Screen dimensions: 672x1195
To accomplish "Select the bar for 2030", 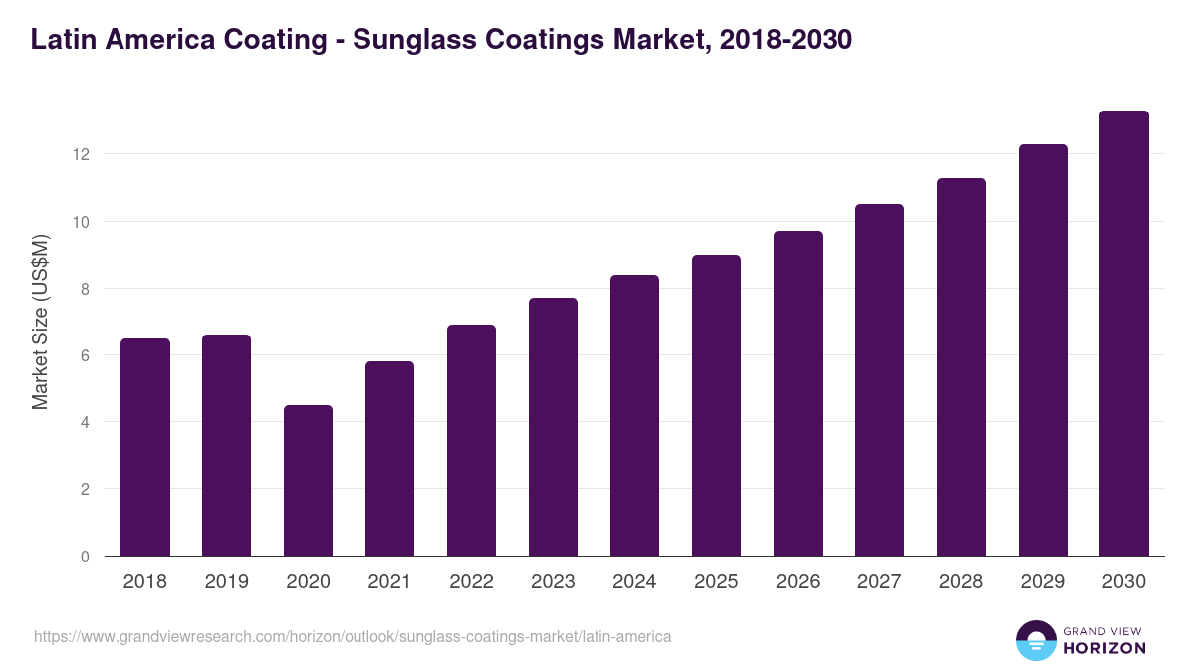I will click(1124, 334).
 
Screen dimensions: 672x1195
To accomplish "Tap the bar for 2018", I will click(145, 447).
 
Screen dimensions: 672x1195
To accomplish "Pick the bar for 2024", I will click(634, 415).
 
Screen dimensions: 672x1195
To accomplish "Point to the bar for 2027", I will click(879, 380).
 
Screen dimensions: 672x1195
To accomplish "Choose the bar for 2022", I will click(471, 440).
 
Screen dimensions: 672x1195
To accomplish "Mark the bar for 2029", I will click(1043, 350).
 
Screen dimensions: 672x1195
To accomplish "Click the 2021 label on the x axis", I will click(389, 582).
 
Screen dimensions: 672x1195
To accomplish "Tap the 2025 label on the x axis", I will click(716, 582).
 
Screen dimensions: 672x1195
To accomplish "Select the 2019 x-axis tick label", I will click(226, 582).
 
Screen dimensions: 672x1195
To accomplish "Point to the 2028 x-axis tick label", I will click(961, 582).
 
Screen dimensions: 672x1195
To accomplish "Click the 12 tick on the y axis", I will click(81, 155).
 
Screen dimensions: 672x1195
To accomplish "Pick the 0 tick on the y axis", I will click(85, 557).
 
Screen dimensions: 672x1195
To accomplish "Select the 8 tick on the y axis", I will click(85, 289).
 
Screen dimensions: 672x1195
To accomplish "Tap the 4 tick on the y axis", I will click(85, 422).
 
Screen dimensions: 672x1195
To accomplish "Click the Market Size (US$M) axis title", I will click(40, 322).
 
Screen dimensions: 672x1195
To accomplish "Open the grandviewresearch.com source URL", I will click(353, 636).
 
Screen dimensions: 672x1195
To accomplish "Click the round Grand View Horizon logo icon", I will click(1035, 640).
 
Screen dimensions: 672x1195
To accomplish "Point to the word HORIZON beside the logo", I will click(1103, 648).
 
